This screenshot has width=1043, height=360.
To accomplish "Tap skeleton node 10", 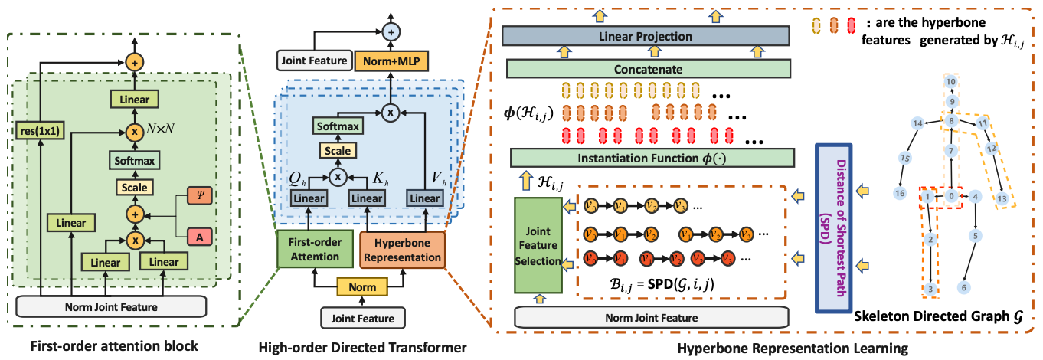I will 950,82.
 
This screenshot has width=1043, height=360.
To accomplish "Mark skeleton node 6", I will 964,286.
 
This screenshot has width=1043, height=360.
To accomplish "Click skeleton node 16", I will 901,194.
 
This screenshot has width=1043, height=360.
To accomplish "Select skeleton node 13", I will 1000,199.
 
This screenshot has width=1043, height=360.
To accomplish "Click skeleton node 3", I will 930,288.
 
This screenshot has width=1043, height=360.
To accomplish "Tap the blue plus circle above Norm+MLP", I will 392,31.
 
